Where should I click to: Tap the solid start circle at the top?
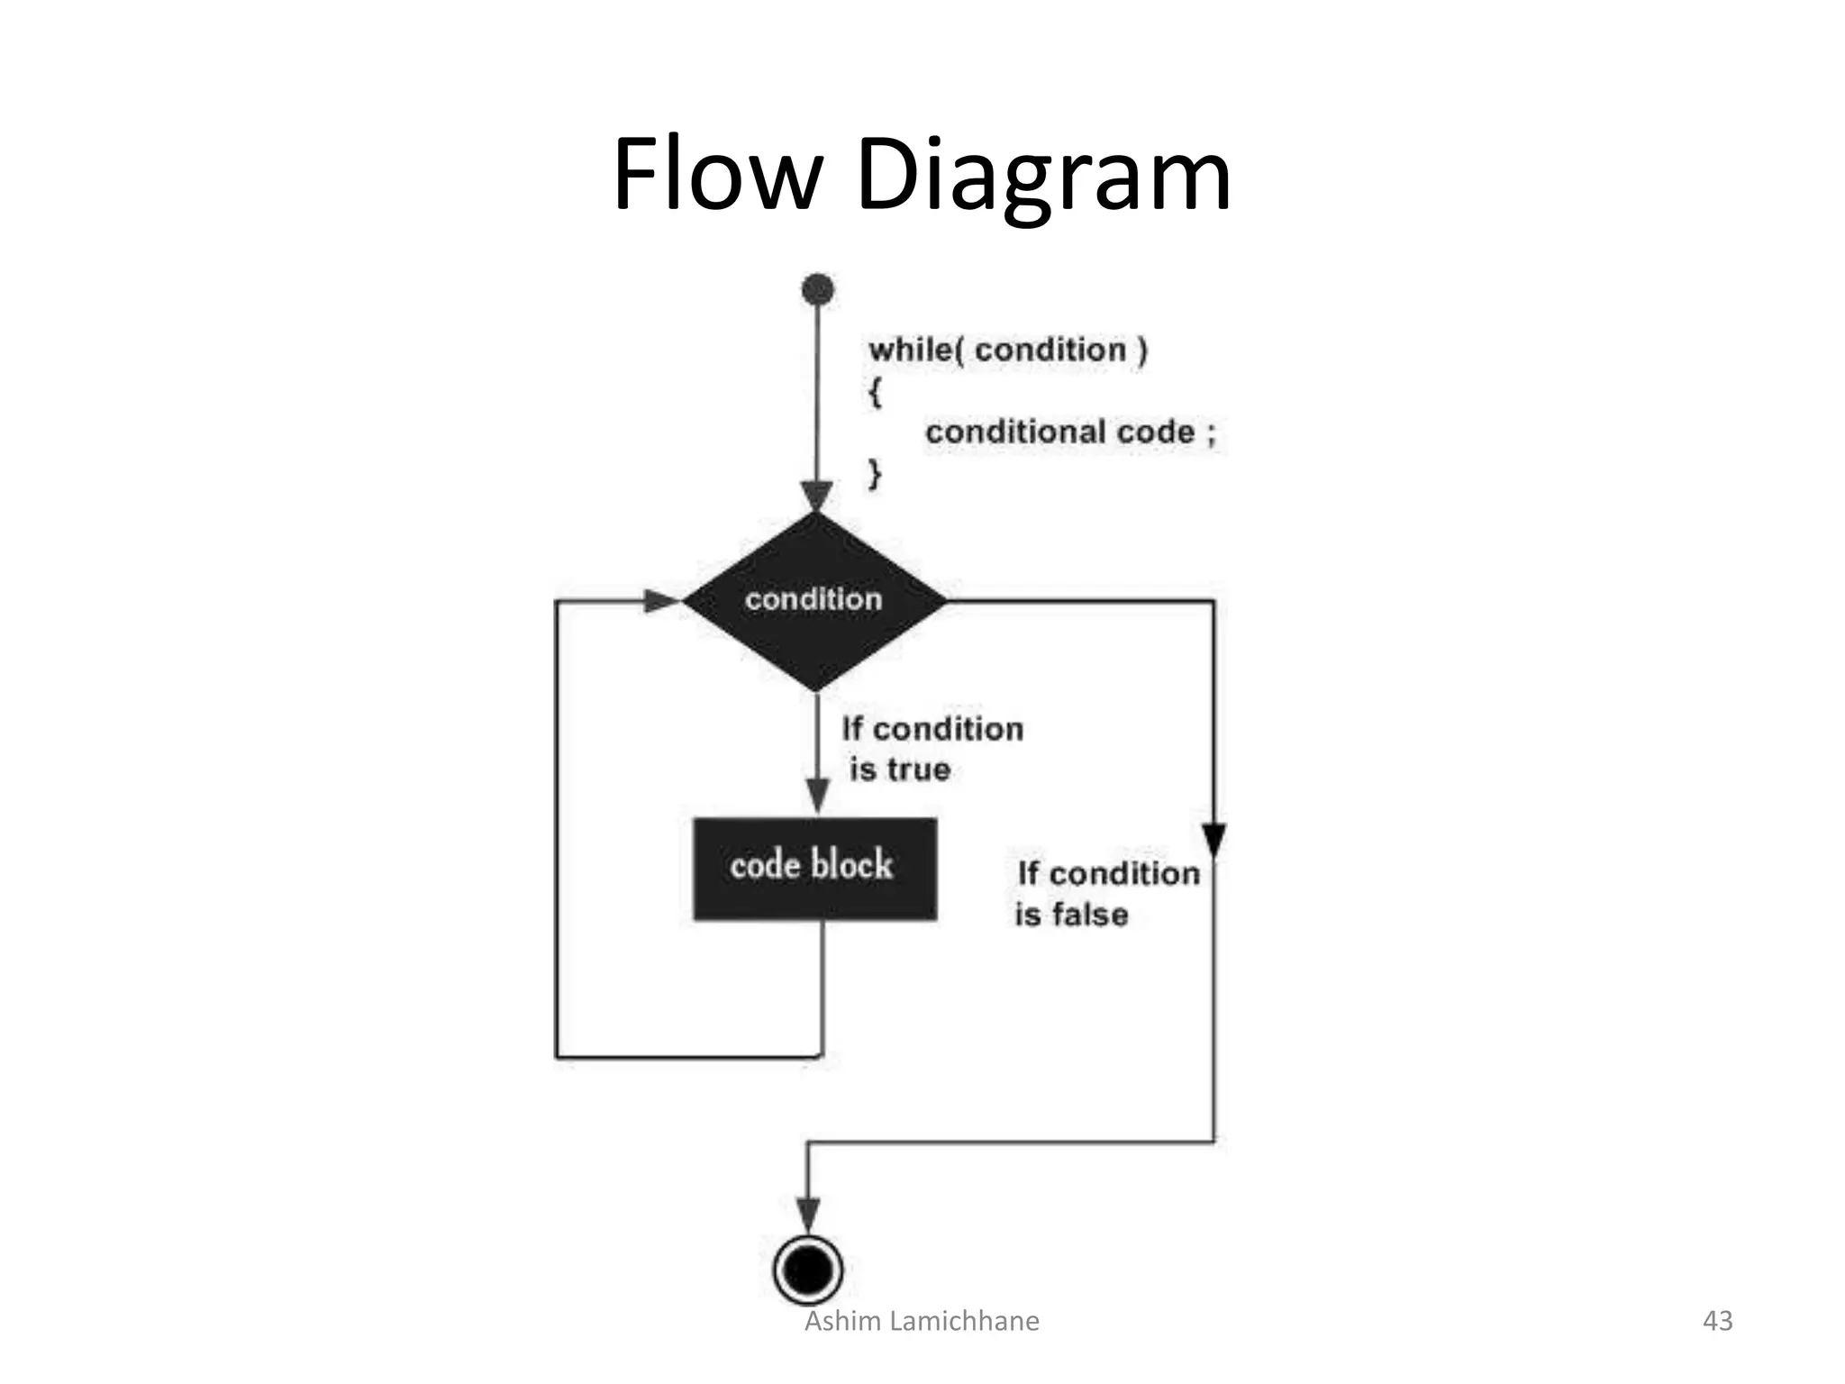(x=817, y=290)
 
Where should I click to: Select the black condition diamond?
(x=814, y=600)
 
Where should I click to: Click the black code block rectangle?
(x=814, y=869)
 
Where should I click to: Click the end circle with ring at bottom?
(x=808, y=1270)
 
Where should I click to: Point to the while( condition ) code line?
(x=1007, y=350)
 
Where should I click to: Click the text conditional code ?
(x=1070, y=432)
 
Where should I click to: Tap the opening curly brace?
(x=875, y=392)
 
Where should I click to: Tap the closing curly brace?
(x=875, y=472)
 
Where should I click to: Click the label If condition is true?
(x=932, y=749)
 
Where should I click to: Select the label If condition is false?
(x=1106, y=893)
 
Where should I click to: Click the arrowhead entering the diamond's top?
(x=817, y=496)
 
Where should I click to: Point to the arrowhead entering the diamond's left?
(x=660, y=601)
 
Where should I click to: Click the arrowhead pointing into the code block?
(x=817, y=796)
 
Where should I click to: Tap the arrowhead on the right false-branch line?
(x=1213, y=839)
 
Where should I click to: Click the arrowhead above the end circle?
(x=808, y=1214)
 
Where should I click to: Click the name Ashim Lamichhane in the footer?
(x=922, y=1321)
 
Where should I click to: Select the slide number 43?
(x=1718, y=1321)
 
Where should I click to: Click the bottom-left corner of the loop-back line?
(x=557, y=1056)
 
